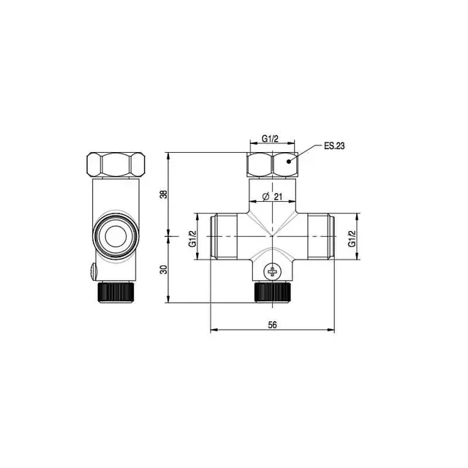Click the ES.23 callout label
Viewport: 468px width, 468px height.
[334, 146]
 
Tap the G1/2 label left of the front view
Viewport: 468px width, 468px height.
[193, 238]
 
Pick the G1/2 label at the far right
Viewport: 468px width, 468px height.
[352, 238]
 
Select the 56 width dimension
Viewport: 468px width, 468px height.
[273, 325]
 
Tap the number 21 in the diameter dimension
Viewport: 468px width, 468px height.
[278, 196]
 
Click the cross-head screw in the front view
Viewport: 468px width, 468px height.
[273, 272]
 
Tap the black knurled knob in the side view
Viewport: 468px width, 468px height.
[116, 292]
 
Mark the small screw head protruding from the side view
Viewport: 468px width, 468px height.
[92, 272]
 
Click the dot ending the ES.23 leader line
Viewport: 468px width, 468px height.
[290, 160]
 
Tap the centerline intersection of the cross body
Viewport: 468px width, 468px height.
[273, 237]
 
